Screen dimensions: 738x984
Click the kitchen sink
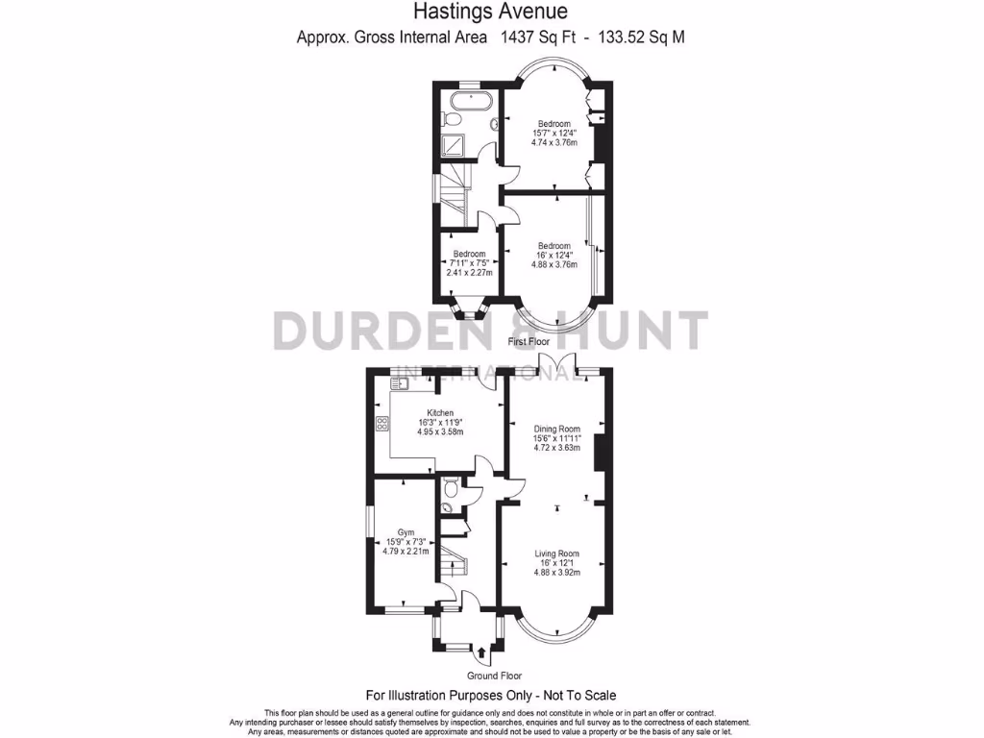(x=400, y=384)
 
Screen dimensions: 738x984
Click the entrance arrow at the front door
(x=481, y=655)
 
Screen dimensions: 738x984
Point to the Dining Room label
(x=557, y=429)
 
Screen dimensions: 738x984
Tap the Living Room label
(x=557, y=553)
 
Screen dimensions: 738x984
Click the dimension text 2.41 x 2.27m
(x=469, y=273)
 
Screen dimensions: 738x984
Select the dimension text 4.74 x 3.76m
(x=554, y=142)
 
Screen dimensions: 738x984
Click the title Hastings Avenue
(x=490, y=12)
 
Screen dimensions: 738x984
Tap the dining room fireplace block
(x=599, y=453)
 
